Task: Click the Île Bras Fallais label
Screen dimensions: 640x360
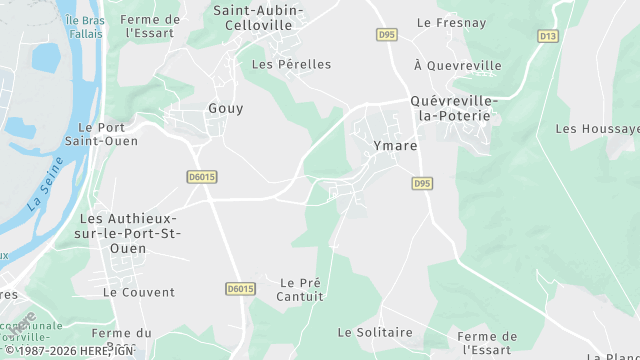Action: tap(86, 27)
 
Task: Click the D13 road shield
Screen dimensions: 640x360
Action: tap(547, 36)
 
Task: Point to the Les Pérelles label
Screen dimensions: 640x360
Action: tap(291, 64)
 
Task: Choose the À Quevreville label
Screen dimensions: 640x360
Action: tap(457, 65)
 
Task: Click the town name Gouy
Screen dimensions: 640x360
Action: tap(225, 108)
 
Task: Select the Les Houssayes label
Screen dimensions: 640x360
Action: tap(597, 129)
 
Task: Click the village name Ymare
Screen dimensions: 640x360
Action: tap(394, 145)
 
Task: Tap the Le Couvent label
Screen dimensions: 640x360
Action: tap(139, 292)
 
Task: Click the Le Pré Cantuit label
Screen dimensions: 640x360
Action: tap(301, 289)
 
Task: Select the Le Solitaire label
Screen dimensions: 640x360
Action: tap(375, 332)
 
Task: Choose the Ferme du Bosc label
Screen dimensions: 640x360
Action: tap(121, 339)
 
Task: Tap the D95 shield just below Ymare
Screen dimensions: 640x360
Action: tap(422, 184)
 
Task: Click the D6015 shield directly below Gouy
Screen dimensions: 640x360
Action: tap(202, 177)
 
